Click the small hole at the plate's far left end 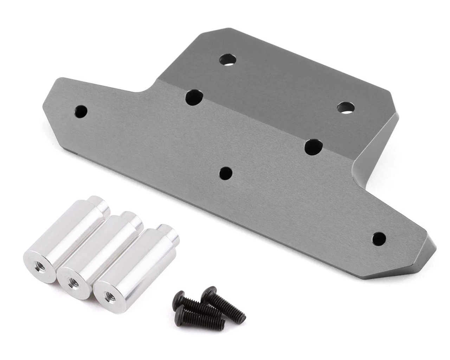(81, 111)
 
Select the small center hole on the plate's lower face (226, 173)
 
